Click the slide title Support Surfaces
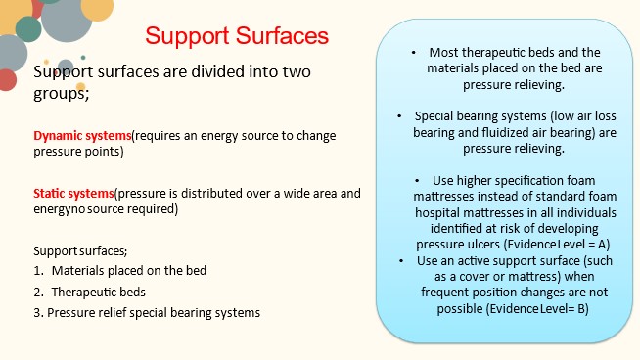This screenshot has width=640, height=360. [x=236, y=37]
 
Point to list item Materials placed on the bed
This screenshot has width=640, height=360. [x=128, y=271]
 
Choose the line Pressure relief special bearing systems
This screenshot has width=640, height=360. [x=154, y=313]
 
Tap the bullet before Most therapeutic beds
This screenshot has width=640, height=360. [x=415, y=52]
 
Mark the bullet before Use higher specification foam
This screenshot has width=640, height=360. [x=418, y=181]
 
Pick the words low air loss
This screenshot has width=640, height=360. [x=562, y=115]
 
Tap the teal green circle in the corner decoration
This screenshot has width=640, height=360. [x=28, y=30]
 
